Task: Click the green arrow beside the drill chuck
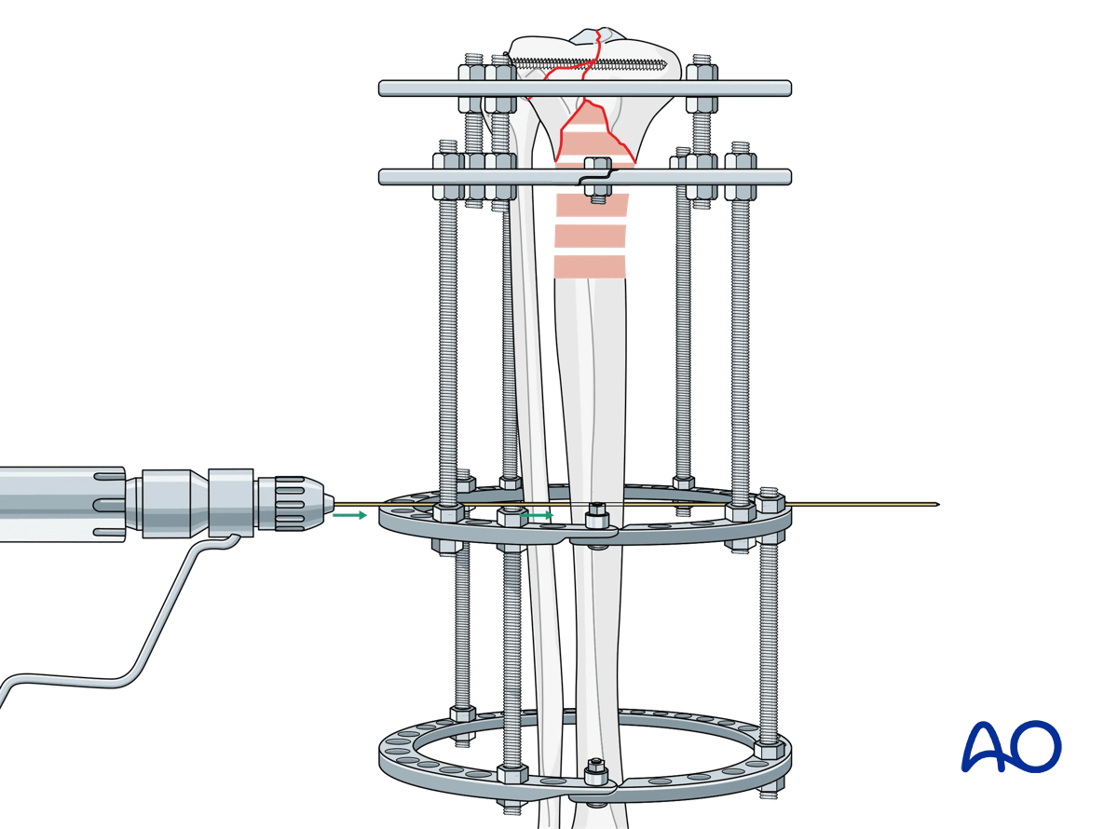click(350, 513)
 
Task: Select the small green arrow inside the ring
click(538, 513)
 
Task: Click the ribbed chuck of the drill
click(296, 506)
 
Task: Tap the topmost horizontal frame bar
click(585, 88)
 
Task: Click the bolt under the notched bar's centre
click(596, 191)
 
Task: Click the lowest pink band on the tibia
click(590, 266)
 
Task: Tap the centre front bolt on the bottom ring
click(595, 772)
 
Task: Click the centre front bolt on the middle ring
click(595, 515)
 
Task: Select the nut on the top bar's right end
click(702, 72)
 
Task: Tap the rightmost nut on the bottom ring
click(769, 749)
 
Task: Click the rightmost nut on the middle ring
click(770, 502)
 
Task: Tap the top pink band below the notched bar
click(593, 205)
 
